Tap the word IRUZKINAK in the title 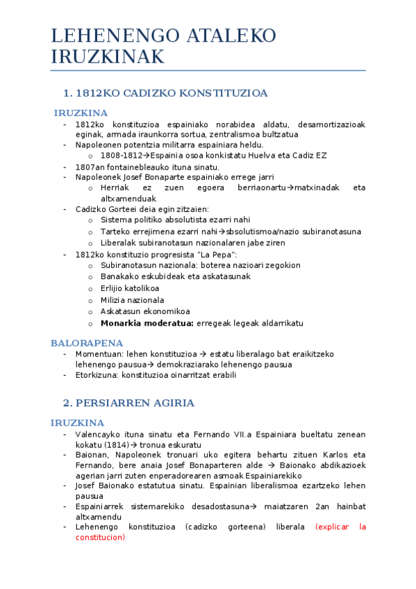108,57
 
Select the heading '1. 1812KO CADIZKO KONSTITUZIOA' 165,93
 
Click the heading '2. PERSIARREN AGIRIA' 128,403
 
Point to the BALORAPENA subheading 87,343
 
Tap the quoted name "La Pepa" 218,254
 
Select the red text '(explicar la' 340,526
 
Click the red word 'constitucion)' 100,537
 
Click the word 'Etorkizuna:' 97,375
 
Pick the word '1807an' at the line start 89,167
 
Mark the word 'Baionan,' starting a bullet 93,455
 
